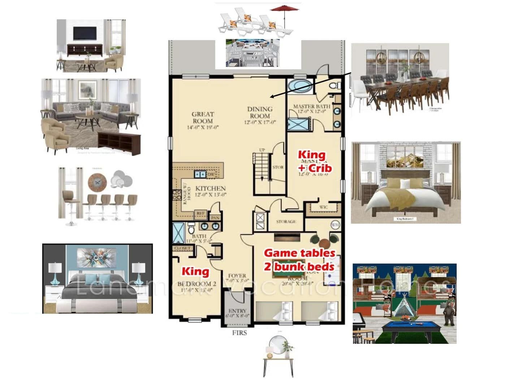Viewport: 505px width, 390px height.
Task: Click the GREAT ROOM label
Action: click(x=203, y=118)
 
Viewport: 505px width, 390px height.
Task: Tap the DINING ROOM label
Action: click(x=260, y=112)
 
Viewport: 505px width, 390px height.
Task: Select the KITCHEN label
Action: click(x=210, y=188)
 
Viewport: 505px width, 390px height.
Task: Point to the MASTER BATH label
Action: click(x=311, y=107)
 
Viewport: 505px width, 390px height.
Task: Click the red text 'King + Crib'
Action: click(x=314, y=161)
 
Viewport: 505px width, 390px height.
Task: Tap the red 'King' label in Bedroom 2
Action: click(x=195, y=271)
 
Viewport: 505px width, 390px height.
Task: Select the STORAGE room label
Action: click(x=286, y=221)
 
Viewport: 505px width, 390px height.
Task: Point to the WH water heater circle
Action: click(x=335, y=224)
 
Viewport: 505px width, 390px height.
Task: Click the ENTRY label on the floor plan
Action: click(x=238, y=311)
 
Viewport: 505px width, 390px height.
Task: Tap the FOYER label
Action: click(x=237, y=276)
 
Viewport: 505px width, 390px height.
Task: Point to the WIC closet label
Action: click(x=323, y=207)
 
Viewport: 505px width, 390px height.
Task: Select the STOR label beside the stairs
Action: click(x=278, y=167)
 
